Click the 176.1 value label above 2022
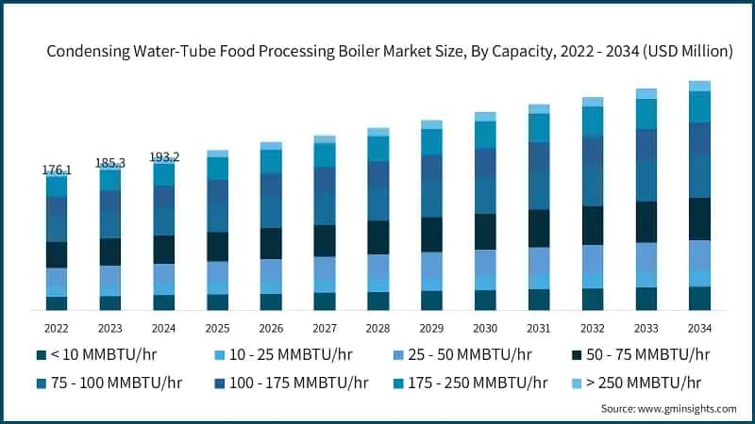(57, 170)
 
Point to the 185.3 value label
(110, 163)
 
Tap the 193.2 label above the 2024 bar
(164, 156)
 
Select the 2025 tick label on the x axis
(217, 328)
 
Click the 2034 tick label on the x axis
(699, 328)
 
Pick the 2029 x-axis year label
(431, 328)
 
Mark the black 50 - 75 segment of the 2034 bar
(699, 219)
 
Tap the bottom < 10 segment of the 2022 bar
(57, 303)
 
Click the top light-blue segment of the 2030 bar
(485, 117)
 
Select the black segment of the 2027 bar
(325, 240)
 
